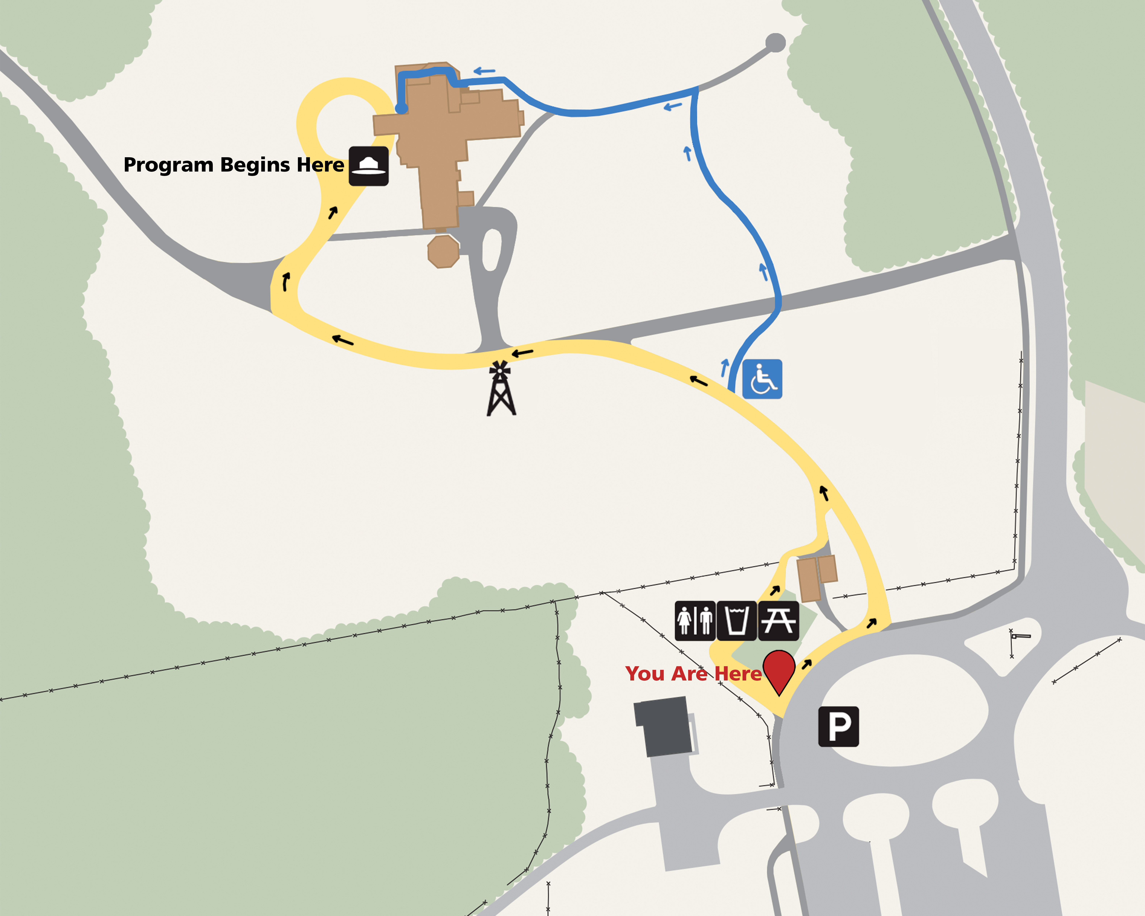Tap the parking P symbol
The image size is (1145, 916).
pyautogui.click(x=838, y=727)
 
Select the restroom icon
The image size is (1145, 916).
pyautogui.click(x=695, y=620)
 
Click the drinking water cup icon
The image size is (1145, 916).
pyautogui.click(x=737, y=620)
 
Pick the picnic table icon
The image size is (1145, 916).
pyautogui.click(x=778, y=620)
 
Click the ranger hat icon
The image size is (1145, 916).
pyautogui.click(x=368, y=166)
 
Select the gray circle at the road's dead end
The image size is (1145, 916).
pyautogui.click(x=775, y=43)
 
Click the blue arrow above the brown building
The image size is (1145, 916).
pyautogui.click(x=484, y=71)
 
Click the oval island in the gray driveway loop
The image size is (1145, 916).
pyautogui.click(x=492, y=250)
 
